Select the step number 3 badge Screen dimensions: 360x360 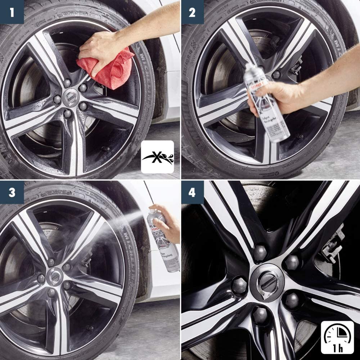pyautogui.click(x=12, y=193)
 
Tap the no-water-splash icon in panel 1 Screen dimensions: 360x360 pyautogui.click(x=157, y=157)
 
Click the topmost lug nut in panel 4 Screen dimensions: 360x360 pyautogui.click(x=260, y=253)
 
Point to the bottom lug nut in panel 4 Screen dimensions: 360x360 pyautogui.click(x=260, y=315)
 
